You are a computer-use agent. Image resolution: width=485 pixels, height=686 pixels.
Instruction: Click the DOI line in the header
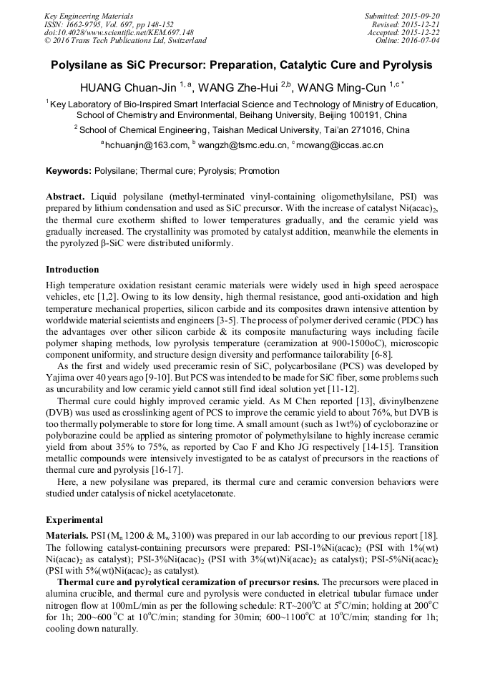pos(119,32)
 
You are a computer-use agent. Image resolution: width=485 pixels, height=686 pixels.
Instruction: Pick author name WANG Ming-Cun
pos(341,88)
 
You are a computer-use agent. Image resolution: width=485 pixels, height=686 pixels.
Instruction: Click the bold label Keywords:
pos(69,171)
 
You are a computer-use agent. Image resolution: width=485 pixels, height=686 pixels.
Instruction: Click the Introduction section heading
pos(72,270)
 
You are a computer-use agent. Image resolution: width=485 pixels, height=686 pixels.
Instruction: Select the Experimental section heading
pos(74,520)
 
